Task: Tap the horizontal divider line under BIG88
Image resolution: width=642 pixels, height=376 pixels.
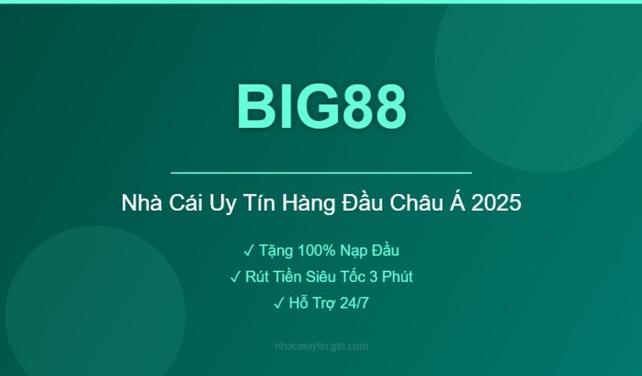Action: click(x=321, y=173)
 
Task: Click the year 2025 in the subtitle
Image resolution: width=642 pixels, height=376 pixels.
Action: click(x=498, y=205)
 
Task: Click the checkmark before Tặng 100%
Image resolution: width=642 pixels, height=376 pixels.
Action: click(x=248, y=251)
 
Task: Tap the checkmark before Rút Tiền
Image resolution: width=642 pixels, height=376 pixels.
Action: click(x=235, y=277)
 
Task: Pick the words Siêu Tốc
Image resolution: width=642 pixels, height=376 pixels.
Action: click(x=348, y=277)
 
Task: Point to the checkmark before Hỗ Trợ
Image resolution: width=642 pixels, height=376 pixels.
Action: click(x=278, y=303)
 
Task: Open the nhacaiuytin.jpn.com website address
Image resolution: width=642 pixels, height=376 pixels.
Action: click(x=321, y=346)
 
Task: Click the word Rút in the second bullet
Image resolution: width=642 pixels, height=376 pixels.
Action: click(x=257, y=277)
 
